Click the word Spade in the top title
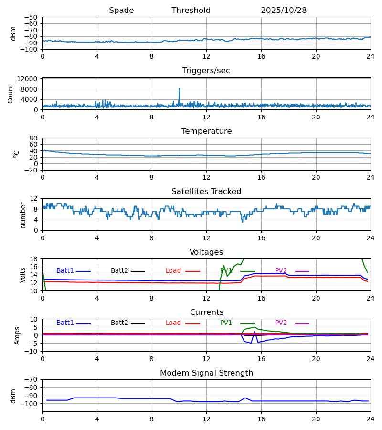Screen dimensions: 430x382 point(121,11)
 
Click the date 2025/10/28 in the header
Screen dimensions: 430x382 point(284,11)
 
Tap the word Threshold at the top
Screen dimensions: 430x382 point(191,11)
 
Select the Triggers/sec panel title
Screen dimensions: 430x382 point(206,71)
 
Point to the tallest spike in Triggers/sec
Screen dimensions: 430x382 point(179,89)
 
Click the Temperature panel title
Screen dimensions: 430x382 point(206,131)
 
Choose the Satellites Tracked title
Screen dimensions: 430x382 point(206,192)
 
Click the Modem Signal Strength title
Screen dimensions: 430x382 point(206,373)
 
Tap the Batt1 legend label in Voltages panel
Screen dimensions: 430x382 point(65,271)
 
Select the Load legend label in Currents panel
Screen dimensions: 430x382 point(173,323)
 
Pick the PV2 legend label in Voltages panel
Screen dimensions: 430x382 point(281,271)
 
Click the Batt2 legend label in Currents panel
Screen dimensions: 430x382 point(119,323)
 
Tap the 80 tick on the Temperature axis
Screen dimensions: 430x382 point(34,138)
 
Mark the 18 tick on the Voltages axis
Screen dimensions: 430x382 point(34,259)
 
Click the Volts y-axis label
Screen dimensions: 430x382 point(23,275)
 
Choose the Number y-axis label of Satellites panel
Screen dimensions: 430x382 point(23,215)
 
